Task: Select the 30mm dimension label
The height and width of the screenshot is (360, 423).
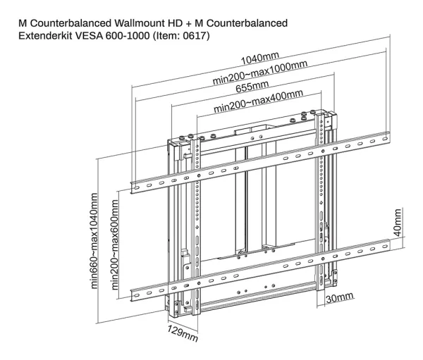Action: click(340, 299)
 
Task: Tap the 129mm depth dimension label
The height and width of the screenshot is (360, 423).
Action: click(184, 333)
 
